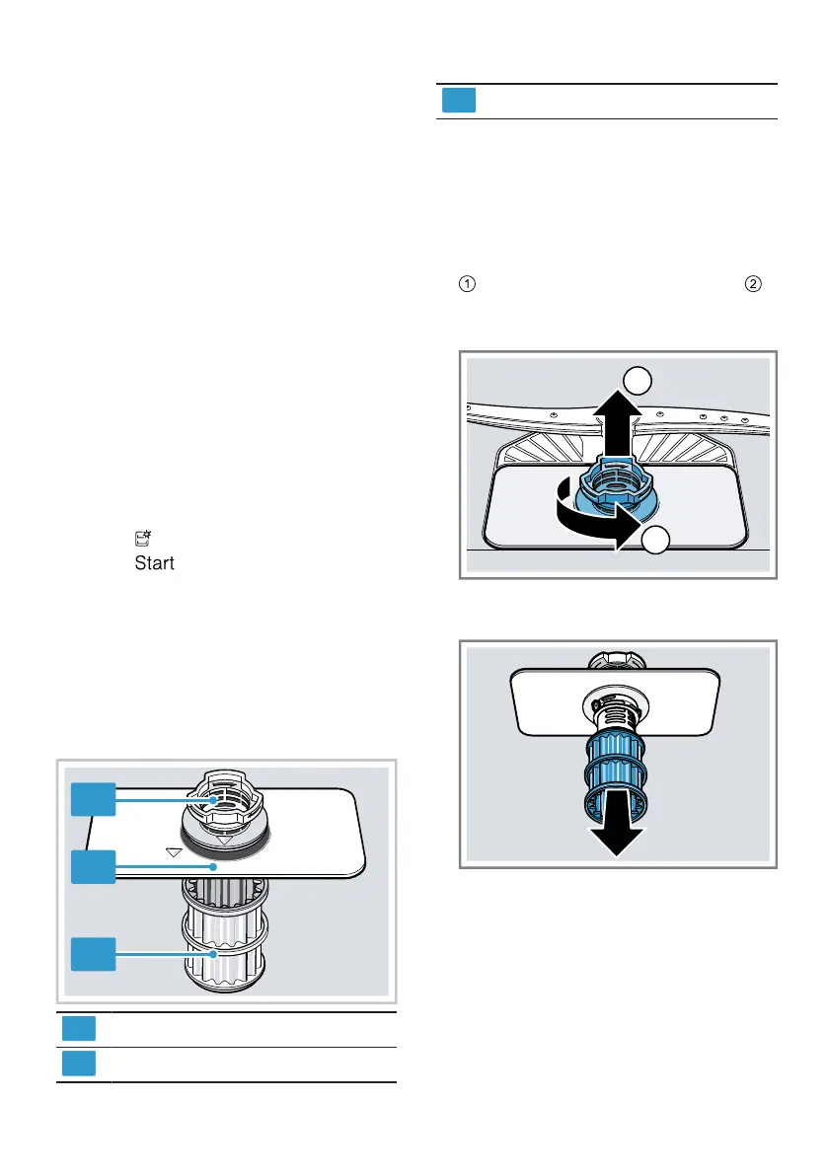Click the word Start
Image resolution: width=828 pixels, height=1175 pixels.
point(154,563)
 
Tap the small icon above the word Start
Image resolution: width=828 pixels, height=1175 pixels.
point(142,538)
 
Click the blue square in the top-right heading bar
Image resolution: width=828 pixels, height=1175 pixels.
point(458,101)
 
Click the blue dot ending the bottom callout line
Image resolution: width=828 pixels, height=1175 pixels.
point(212,954)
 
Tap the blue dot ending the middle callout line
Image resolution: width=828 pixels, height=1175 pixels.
point(213,866)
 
